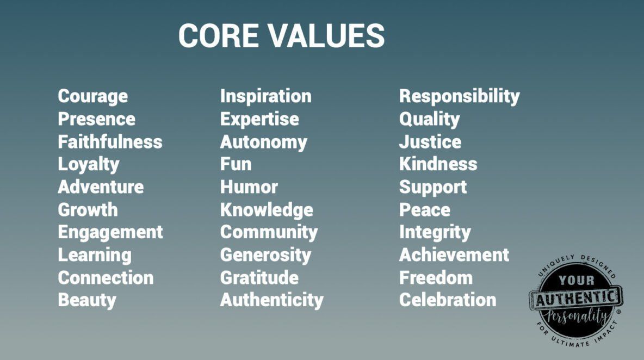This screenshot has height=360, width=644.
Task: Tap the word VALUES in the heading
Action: click(327, 35)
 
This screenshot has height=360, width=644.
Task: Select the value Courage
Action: click(93, 97)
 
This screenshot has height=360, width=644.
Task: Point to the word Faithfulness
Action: click(110, 142)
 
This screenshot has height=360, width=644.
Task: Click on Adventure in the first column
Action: click(101, 187)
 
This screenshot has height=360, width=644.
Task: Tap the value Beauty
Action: click(87, 301)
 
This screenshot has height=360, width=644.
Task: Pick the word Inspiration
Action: click(266, 96)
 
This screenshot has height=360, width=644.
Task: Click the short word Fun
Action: click(236, 164)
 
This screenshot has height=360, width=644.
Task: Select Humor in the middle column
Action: click(249, 187)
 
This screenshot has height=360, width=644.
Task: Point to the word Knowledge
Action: click(267, 210)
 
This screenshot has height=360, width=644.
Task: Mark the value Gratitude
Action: click(259, 277)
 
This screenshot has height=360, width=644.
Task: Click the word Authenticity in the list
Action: click(272, 301)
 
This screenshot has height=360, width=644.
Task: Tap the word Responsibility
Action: click(460, 97)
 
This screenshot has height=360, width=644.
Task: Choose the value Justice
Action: click(430, 142)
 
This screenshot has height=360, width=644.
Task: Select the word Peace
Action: click(425, 210)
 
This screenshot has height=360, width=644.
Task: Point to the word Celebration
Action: click(448, 300)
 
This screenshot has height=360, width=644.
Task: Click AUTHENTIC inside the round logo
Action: click(576, 297)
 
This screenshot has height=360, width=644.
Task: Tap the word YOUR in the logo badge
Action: click(576, 281)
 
